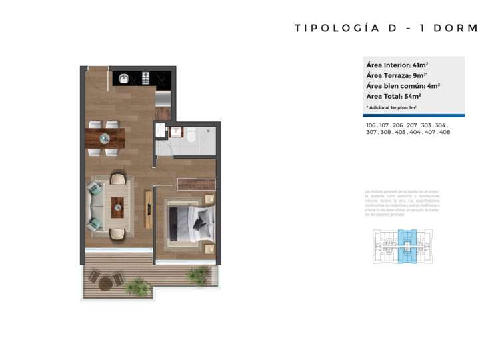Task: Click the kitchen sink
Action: click(x=124, y=79)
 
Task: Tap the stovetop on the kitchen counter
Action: click(x=145, y=79)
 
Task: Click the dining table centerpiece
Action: click(x=105, y=138)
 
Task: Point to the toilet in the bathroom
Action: click(x=191, y=137)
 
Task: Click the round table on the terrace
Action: click(x=106, y=283)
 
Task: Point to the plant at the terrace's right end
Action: click(x=198, y=274)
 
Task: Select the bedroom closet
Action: click(x=197, y=184)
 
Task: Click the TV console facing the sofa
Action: click(x=146, y=207)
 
